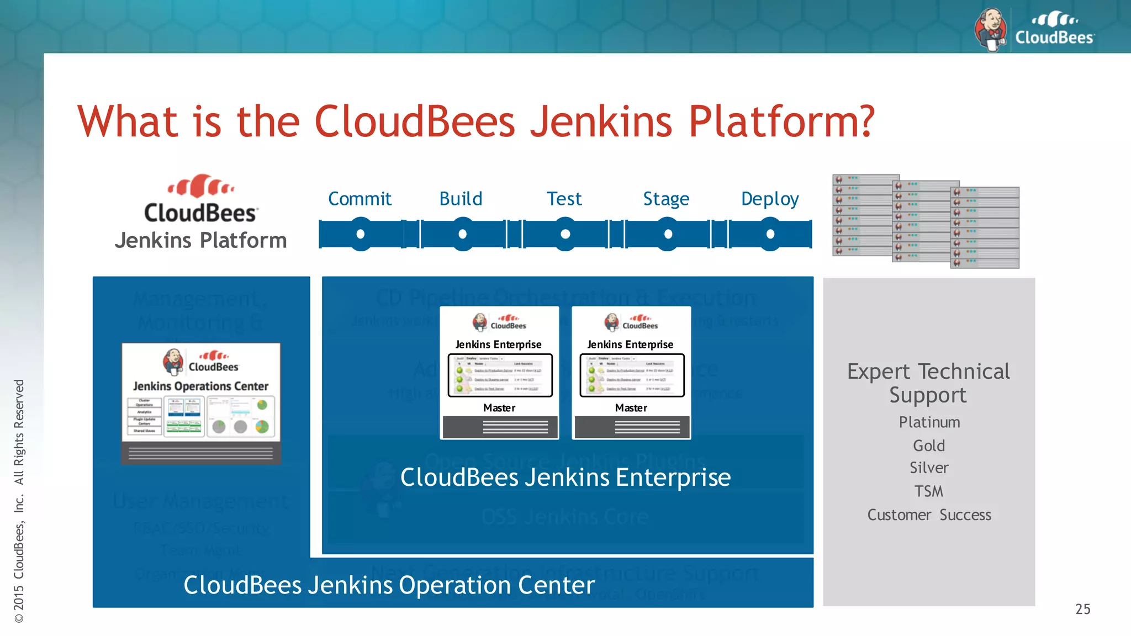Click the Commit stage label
point(360,199)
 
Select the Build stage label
point(461,199)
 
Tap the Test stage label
point(564,199)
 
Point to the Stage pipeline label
point(666,199)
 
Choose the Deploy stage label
point(770,199)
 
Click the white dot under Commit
point(361,234)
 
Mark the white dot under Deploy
point(770,234)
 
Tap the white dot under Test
point(565,234)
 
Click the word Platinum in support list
point(929,422)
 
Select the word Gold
point(929,446)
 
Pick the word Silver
point(929,468)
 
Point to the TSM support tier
point(929,491)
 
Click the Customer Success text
point(929,515)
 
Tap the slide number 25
point(1082,609)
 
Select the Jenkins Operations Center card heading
point(200,386)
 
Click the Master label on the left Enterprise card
point(499,408)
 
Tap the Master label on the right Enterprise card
point(631,408)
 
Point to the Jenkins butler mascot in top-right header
point(991,29)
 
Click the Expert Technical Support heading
point(929,383)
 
